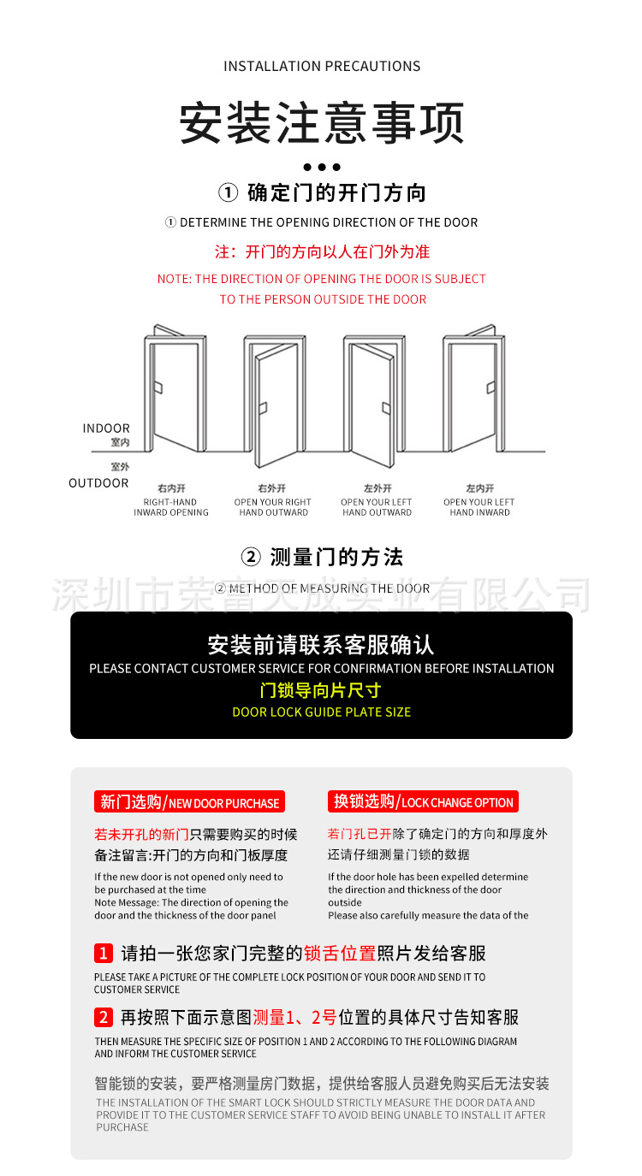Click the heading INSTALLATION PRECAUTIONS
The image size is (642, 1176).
tap(322, 67)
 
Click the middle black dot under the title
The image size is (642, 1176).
tap(322, 167)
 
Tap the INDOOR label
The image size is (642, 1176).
tap(106, 428)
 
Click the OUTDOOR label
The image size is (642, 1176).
tap(98, 483)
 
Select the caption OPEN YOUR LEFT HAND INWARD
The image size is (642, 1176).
tap(479, 507)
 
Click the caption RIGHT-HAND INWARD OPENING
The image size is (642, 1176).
tap(170, 507)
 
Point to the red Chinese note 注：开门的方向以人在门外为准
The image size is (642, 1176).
tap(322, 252)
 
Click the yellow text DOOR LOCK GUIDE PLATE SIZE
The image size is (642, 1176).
tap(322, 712)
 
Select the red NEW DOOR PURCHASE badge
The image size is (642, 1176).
tap(189, 802)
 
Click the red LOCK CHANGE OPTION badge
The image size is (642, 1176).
tap(423, 802)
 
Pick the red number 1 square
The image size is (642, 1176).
tap(104, 953)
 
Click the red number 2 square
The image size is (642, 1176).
tap(104, 1017)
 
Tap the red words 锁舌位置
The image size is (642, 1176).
tap(340, 953)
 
